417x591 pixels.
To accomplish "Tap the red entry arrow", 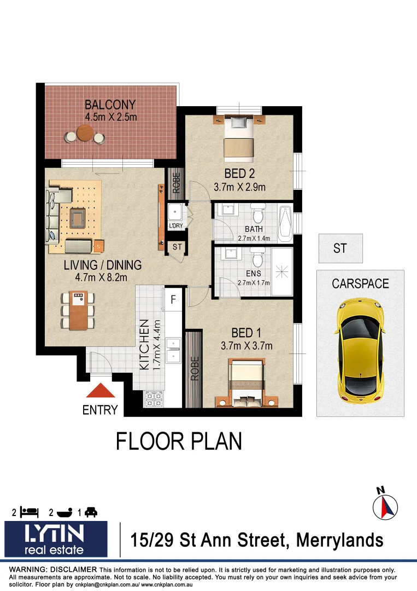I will [100, 391].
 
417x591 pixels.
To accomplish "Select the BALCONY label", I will [110, 105].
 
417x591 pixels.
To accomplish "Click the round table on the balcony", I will [85, 133].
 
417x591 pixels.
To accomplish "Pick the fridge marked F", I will [173, 299].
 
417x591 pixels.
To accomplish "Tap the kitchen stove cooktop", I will [154, 399].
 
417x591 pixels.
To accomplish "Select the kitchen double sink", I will [173, 350].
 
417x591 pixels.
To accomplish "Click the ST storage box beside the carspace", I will [340, 248].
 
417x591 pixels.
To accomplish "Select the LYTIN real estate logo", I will [56, 538].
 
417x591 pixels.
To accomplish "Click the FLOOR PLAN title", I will [179, 441].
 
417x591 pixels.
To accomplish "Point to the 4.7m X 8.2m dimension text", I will [102, 277].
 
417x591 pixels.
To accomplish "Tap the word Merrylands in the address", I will [339, 540].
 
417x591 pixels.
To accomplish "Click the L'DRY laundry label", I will [175, 225].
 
